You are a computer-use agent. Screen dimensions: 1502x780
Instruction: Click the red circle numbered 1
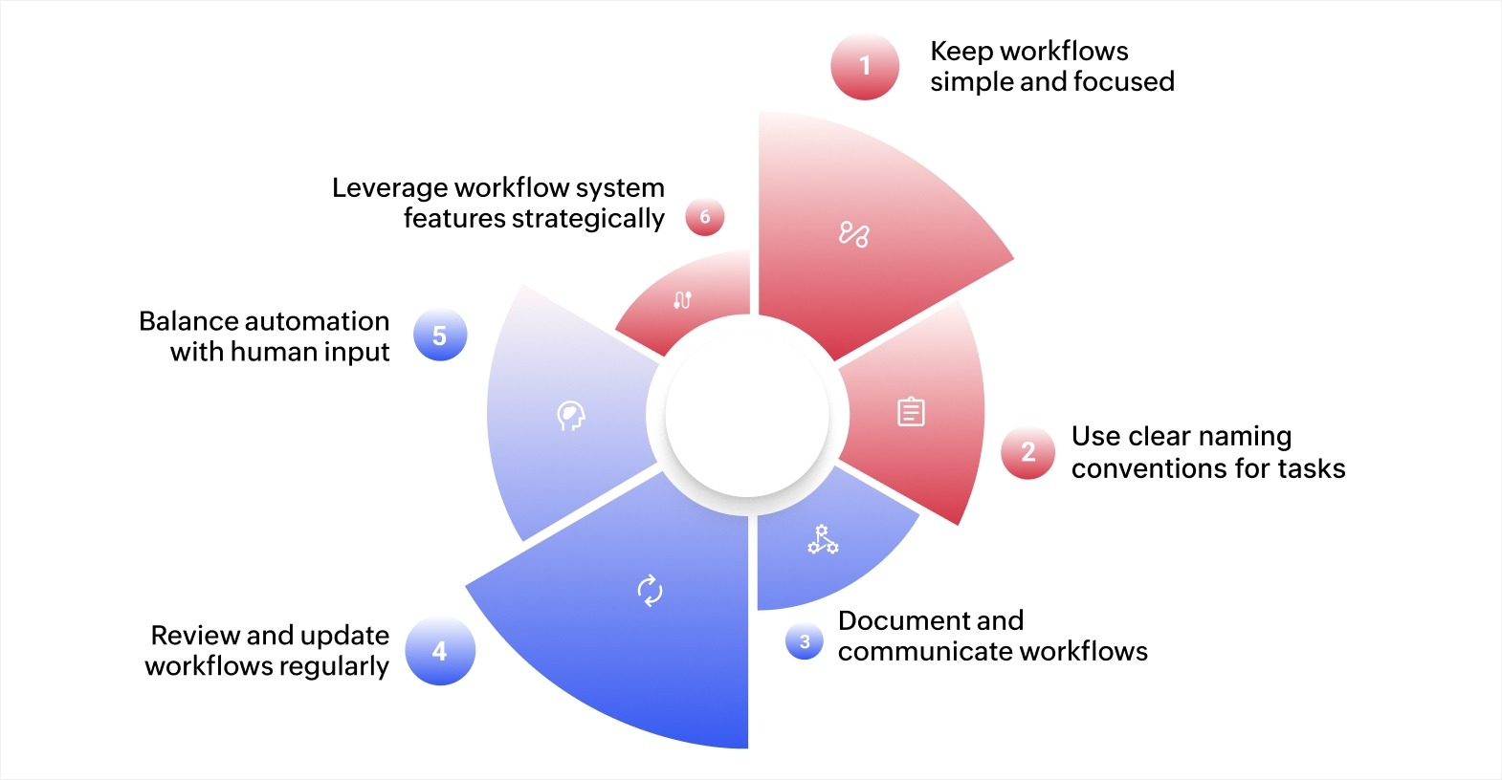pos(865,66)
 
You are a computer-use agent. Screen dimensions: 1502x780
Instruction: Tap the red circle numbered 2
pos(1027,452)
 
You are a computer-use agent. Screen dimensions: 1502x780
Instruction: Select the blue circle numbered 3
pos(805,641)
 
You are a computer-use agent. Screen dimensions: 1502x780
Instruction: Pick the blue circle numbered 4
pos(440,651)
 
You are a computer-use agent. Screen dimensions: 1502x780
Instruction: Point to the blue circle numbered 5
pos(440,336)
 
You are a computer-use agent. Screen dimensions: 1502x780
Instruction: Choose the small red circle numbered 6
pos(705,217)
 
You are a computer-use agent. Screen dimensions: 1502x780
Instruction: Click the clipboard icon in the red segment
pos(911,412)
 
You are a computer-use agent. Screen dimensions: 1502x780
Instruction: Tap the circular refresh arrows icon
pos(651,590)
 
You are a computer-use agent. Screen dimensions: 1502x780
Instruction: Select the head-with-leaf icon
pos(571,416)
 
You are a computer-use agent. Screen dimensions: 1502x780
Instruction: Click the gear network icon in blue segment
pos(822,540)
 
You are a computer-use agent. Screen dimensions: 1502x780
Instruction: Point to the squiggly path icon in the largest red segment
pos(853,234)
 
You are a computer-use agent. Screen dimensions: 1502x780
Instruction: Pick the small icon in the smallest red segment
pos(682,299)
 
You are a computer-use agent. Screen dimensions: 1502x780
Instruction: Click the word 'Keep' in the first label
pos(961,51)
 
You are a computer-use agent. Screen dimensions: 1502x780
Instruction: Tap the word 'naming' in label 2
pos(1245,437)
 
